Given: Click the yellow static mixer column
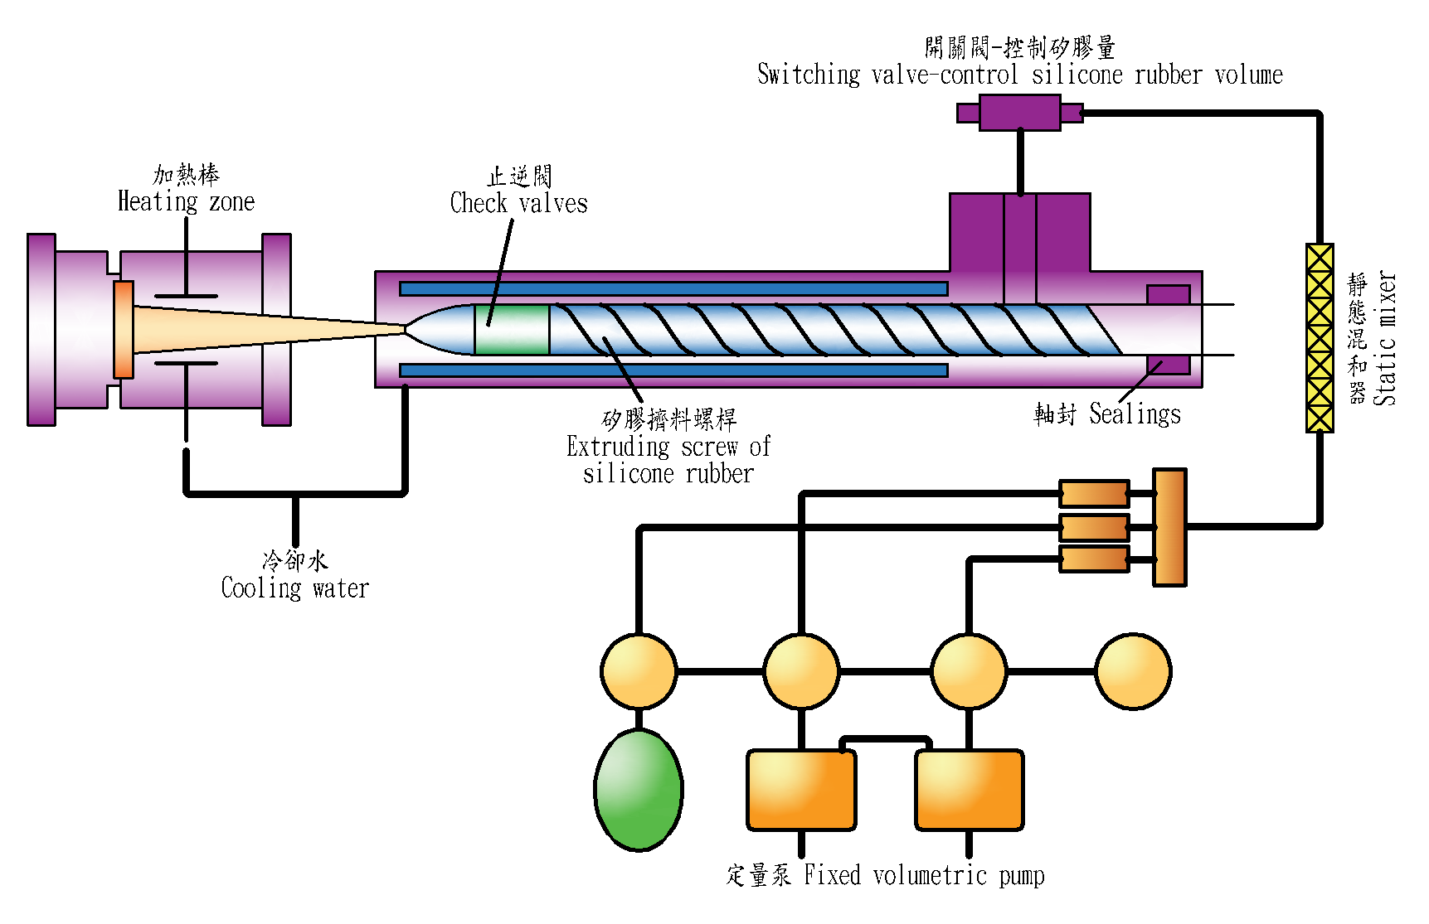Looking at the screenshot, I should click(1320, 338).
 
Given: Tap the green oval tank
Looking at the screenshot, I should click(639, 790).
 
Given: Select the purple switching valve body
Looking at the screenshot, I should click(1019, 113).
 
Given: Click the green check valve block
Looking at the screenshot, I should click(512, 330).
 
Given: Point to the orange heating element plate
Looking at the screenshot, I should click(124, 330).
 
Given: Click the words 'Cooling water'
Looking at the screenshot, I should click(294, 588).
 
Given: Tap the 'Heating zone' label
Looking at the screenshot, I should click(186, 201).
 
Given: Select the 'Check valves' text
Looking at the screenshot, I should click(518, 203).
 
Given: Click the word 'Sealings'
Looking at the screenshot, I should click(1135, 414).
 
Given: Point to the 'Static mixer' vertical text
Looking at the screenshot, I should click(1384, 338).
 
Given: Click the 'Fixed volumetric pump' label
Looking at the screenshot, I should click(924, 875).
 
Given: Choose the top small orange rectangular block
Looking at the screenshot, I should click(1094, 494).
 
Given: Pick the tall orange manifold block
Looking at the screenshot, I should click(1169, 527).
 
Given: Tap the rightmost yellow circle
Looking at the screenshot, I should click(1133, 671).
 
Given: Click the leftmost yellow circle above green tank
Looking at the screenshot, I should click(639, 671).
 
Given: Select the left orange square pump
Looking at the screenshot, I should click(801, 790).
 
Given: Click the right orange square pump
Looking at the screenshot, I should click(969, 790).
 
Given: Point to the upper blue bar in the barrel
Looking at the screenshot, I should click(673, 288).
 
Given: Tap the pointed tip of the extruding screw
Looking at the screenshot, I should click(407, 330).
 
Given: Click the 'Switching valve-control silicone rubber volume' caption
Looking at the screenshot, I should click(1019, 75).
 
